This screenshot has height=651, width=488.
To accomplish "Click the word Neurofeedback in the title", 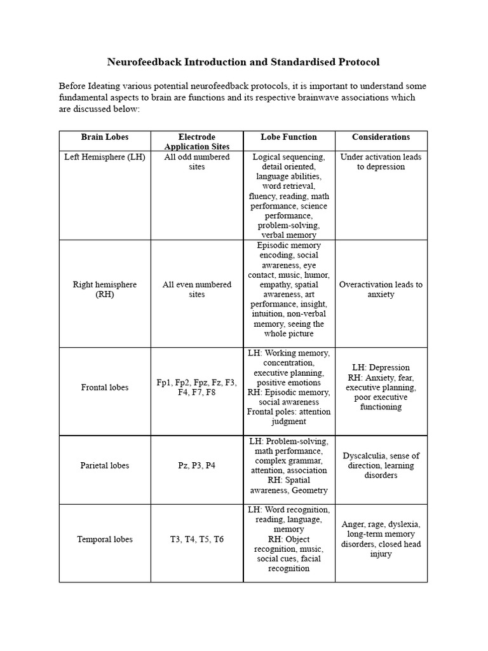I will pos(144,62).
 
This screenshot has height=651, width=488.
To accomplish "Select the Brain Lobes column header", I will pos(104,137).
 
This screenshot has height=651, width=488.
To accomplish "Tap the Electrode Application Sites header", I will pos(196,142).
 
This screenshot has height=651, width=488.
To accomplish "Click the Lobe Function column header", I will pos(288,137).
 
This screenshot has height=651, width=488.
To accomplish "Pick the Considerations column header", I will pos(381,137).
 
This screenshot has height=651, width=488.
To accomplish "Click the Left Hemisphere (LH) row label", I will pos(104,157).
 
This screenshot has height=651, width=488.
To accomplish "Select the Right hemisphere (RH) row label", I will pos(104,289).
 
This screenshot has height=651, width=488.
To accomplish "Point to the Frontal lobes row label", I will pos(104,387).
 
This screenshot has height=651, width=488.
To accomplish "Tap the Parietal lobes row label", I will pos(104,465).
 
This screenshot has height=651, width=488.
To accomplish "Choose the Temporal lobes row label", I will pos(104,539).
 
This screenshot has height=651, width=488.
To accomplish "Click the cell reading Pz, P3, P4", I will pos(196,465).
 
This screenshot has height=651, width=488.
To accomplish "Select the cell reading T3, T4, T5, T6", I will pos(196,539).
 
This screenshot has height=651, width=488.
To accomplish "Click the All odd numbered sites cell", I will pos(196,161).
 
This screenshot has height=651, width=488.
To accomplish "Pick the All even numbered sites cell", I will pos(196,289).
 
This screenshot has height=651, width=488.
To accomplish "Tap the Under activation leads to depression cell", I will pos(381,161).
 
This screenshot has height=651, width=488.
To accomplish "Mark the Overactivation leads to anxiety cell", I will pos(381,289).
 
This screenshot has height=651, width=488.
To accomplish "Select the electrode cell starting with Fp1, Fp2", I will pos(196,387).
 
